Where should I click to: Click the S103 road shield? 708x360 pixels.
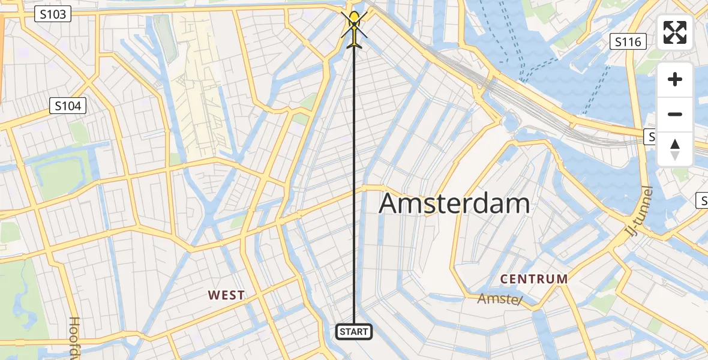point(53,14)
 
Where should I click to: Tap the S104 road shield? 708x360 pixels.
point(68,106)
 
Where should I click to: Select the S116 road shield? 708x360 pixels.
point(628,41)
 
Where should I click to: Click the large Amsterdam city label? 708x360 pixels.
point(454,204)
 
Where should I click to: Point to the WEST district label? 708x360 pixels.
point(226,295)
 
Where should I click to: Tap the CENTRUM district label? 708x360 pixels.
point(534,279)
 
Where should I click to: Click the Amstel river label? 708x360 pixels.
point(500,299)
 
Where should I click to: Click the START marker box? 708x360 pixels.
point(354,332)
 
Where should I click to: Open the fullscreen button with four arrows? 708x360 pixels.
point(675,32)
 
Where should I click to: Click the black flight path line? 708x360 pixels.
point(354,180)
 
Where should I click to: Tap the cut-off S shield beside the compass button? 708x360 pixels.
point(652,137)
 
